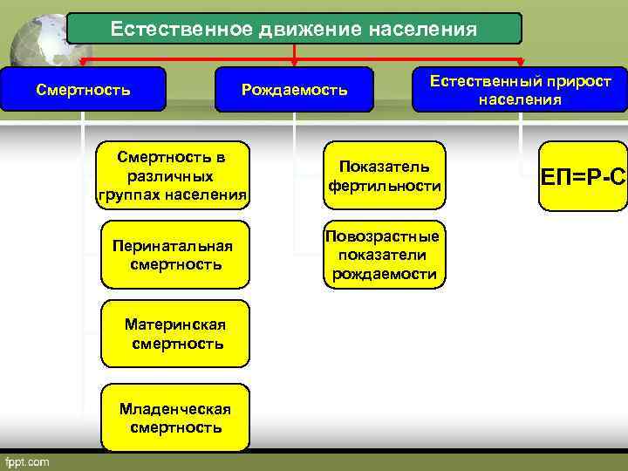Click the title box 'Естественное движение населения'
pos(294,29)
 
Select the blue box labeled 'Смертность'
pos(83,89)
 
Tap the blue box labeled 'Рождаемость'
pos(294,90)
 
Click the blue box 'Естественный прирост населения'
pos(519,90)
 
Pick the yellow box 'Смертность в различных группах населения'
pos(174,175)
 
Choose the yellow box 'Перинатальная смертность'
pos(174,254)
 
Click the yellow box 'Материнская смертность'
pos(174,334)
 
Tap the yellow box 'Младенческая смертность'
pos(174,418)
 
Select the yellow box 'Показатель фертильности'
pos(384,176)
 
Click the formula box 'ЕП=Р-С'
pos(583,177)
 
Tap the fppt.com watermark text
pos(28,460)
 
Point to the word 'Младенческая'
pos(175,409)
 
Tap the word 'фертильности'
pos(385,187)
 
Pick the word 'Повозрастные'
pos(383,236)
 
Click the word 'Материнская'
pos(175,324)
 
